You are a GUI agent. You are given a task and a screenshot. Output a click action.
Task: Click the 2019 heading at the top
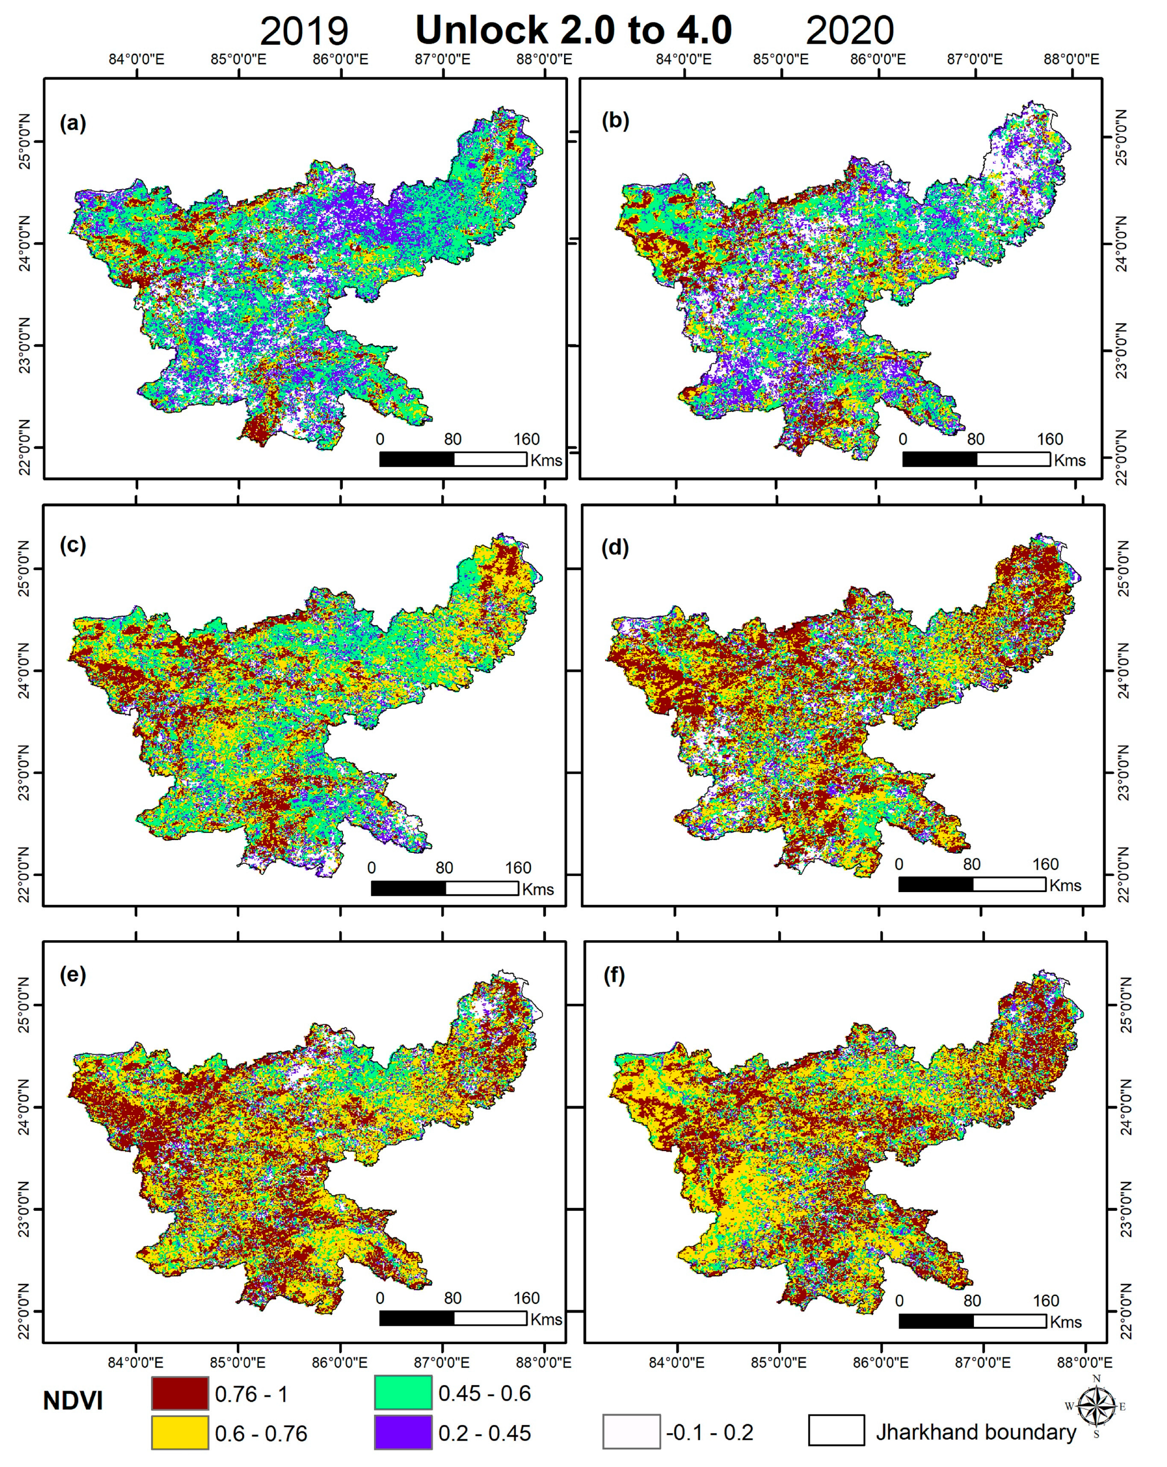304,32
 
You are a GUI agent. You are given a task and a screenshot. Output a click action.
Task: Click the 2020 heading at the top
850,32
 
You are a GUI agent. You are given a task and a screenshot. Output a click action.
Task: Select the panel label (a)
73,123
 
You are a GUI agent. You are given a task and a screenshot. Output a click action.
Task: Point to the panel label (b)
616,121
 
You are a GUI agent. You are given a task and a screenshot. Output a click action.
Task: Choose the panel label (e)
73,975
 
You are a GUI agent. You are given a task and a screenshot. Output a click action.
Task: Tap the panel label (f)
613,976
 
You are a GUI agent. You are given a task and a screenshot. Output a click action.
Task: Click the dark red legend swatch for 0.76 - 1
180,1393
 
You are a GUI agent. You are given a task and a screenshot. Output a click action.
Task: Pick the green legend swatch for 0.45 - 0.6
403,1392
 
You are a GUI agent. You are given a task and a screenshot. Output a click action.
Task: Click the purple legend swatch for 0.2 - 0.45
403,1432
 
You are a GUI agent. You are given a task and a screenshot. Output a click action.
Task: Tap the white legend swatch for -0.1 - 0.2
631,1432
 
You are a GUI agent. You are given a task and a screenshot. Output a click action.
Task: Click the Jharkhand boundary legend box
836,1430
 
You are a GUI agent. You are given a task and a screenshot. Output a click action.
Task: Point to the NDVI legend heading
73,1401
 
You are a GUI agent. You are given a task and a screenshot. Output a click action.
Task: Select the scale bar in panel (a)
453,459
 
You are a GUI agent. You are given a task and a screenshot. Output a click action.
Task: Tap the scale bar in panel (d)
972,884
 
